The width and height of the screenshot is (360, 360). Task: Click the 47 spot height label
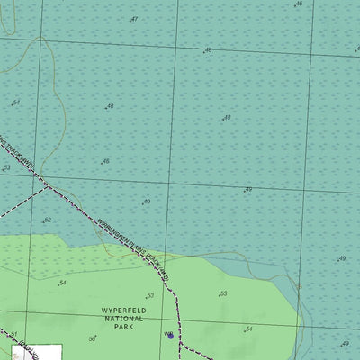coord(134,19)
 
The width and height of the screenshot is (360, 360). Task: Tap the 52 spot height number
coord(48,220)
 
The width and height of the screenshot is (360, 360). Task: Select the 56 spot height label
coord(92,338)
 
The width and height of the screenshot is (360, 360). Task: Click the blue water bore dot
coord(171,336)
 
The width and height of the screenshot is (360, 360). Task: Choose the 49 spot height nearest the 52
coord(146,202)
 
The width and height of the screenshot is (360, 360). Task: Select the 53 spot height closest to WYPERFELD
coord(149,295)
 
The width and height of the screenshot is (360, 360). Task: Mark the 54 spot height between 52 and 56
coord(62,283)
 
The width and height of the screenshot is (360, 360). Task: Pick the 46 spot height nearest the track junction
coord(105,161)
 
